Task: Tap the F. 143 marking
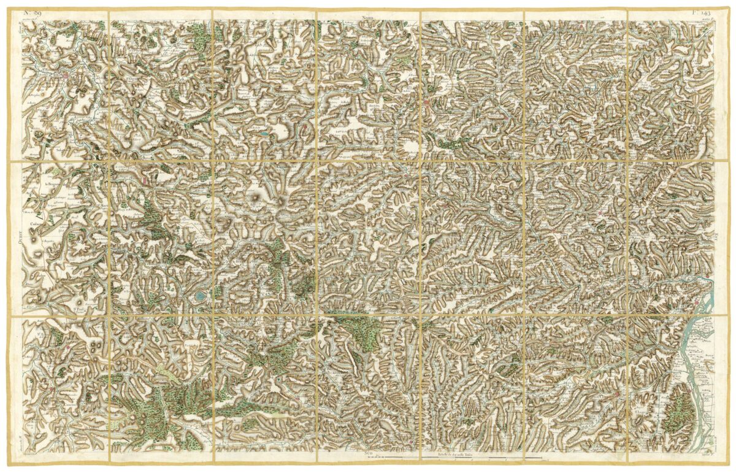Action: click(701, 12)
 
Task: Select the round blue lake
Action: click(200, 298)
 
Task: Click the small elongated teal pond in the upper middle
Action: click(263, 133)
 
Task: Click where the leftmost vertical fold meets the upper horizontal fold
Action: click(108, 161)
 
